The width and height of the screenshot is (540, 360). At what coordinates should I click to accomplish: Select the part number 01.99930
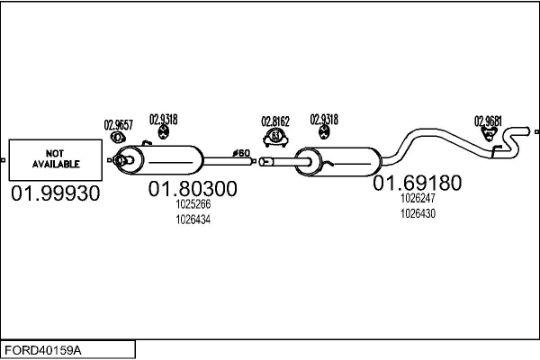(56, 193)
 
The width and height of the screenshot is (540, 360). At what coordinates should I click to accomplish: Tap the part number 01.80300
(193, 189)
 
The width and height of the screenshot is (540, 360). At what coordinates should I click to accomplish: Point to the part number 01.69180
(418, 184)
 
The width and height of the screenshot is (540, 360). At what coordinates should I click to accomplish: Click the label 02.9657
(118, 124)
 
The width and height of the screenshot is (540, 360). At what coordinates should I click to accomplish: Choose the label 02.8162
(275, 121)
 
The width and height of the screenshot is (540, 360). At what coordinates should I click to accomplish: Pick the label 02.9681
(488, 121)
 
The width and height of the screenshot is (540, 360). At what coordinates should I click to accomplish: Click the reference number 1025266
(193, 204)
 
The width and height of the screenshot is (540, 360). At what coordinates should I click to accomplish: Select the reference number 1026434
(193, 219)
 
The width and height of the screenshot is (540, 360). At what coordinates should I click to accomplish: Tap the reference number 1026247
(418, 198)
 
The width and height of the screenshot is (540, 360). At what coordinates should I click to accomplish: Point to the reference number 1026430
(418, 213)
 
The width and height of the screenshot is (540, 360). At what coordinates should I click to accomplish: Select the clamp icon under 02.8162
(275, 137)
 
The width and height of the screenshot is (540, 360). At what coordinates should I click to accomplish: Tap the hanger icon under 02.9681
(489, 135)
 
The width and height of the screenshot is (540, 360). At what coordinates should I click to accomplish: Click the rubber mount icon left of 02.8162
(163, 133)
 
